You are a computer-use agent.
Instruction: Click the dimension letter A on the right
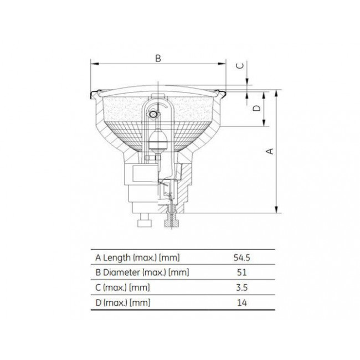[x=270, y=150]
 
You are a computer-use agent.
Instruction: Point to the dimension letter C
[x=240, y=65]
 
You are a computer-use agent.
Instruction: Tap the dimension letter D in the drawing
[x=256, y=109]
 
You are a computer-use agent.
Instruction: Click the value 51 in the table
[x=241, y=272]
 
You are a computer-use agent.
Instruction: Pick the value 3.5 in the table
[x=241, y=287]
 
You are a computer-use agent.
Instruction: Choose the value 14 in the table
[x=241, y=302]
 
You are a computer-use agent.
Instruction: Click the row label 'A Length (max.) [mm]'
[x=137, y=258]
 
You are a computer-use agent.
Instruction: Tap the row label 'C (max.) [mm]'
[x=122, y=287]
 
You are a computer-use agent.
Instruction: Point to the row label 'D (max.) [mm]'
[x=123, y=302]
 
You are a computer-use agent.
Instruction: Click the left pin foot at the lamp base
[x=145, y=222]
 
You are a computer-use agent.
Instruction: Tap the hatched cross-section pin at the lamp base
[x=171, y=219]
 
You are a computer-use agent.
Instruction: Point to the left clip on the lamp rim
[x=94, y=94]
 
